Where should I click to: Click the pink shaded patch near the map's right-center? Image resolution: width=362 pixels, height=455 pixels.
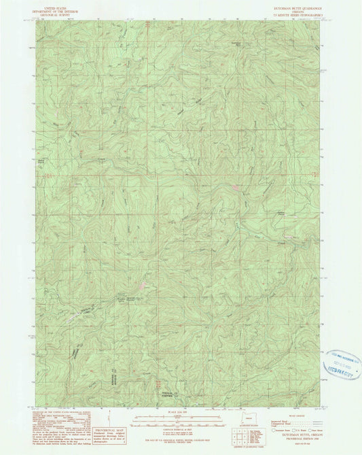click(234, 186)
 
